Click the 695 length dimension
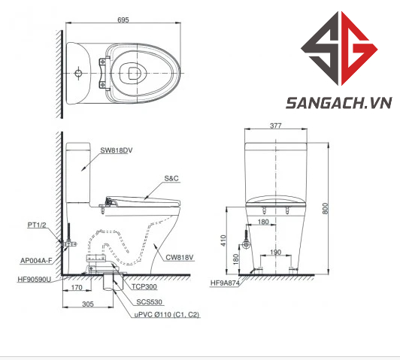(x=123, y=20)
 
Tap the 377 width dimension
(x=276, y=126)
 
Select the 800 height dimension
(x=325, y=208)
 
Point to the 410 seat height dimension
(x=223, y=241)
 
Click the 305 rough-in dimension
(x=88, y=304)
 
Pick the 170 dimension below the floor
(x=77, y=287)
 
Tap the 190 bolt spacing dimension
(x=275, y=253)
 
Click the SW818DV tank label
(x=117, y=150)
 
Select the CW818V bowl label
(x=180, y=258)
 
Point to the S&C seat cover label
(x=171, y=178)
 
